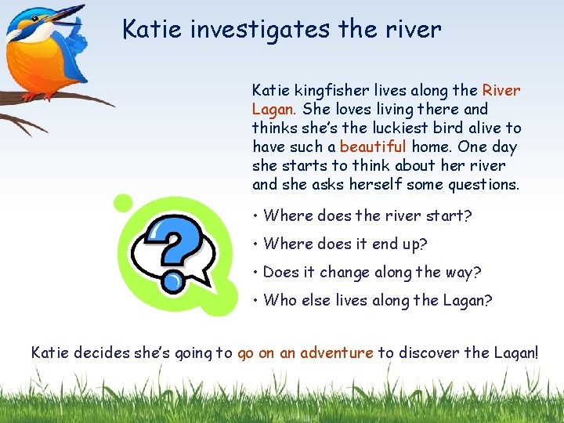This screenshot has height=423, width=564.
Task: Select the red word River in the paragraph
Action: coord(501,90)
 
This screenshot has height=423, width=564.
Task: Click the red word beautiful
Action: coord(373,146)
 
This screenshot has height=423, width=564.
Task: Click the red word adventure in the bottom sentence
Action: coord(337,352)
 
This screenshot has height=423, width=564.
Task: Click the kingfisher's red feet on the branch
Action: coord(31,96)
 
